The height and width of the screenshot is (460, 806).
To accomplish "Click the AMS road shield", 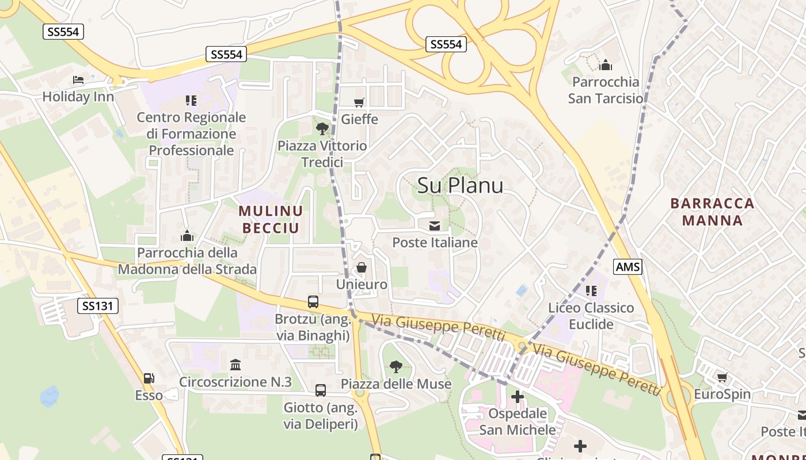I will pos(628,267).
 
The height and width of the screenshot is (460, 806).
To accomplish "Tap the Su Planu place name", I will pos(460,185).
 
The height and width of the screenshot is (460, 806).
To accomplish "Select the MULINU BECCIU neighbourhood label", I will pos(271,220).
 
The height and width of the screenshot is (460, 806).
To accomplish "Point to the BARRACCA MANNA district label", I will pos(712,212).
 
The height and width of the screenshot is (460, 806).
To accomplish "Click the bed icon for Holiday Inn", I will pos(78,80).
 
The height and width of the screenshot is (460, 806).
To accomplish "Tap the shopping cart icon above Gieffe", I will pos(359,102).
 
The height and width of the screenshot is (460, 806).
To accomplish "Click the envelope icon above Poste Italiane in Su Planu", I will pos(435,225).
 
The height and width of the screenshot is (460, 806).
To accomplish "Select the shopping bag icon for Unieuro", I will pos(362,267).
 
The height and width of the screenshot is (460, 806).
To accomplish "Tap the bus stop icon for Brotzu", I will pos(313,301).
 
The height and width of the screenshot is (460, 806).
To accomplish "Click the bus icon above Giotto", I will pos(321,390).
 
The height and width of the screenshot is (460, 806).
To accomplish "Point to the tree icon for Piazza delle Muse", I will pos(396,366).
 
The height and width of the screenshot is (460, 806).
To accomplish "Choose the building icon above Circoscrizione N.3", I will pos(235,365).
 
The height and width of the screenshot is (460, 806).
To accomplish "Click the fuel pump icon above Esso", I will pos(149,378).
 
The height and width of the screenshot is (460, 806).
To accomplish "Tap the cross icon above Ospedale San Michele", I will pos(518,396).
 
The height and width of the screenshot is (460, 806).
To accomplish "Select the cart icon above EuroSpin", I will pos(722,377).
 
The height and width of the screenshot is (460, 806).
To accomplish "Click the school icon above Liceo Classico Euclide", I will pos(591,291).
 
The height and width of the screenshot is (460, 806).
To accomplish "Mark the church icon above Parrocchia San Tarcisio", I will pos(605,65).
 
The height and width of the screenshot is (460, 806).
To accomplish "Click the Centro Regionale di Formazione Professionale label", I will pos(191,134).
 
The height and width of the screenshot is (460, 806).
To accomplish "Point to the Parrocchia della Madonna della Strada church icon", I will pos(187,236).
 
